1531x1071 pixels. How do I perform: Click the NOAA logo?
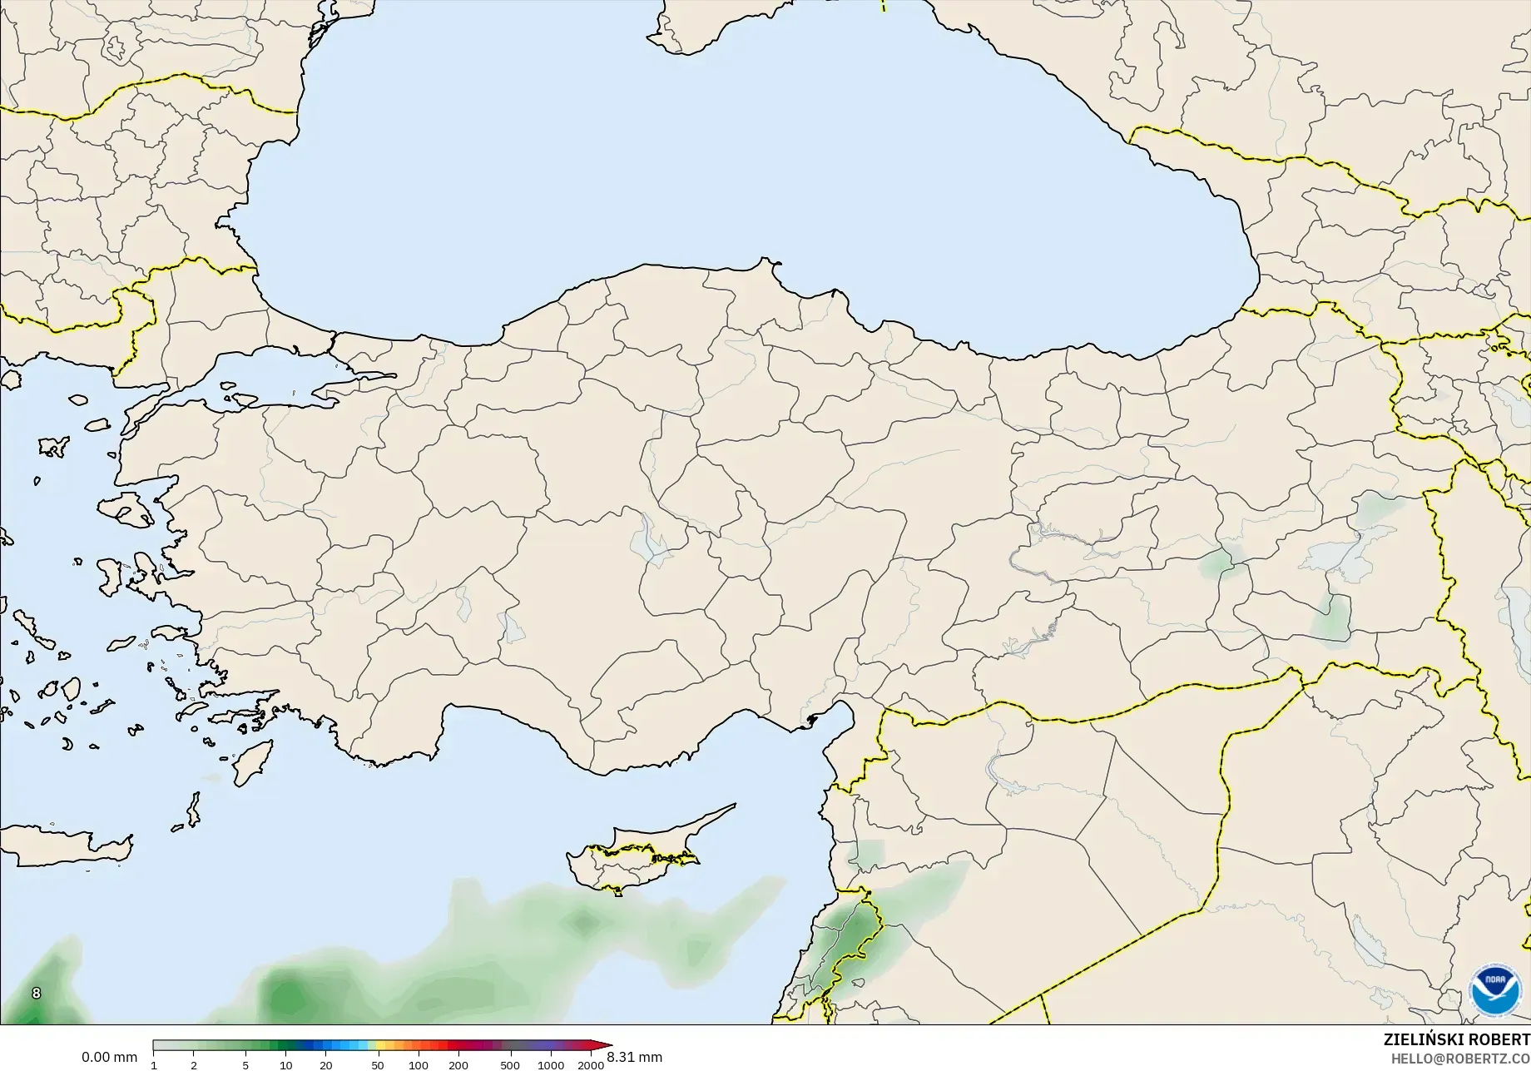coord(1496,990)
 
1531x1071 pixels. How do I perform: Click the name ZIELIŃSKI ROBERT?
coord(1456,1039)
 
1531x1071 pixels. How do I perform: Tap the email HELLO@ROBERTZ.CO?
coord(1461,1059)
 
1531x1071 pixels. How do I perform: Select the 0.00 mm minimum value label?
coord(109,1057)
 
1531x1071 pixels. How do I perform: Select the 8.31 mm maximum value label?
coord(635,1057)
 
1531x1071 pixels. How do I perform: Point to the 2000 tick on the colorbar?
coord(591,1064)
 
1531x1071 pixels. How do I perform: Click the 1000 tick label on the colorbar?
coord(551,1064)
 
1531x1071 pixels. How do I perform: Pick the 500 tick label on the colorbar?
coord(510,1064)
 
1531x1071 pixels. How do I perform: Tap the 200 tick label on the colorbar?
coord(458,1064)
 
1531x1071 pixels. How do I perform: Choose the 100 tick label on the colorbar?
coord(419,1064)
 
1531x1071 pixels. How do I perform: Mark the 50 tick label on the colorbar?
coord(378,1064)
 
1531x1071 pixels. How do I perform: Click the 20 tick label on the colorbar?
coord(326,1064)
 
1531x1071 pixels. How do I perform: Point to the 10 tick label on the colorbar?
coord(286,1064)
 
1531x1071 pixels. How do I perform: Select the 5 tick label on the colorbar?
coord(245,1064)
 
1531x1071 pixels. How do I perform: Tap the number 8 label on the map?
coord(36,993)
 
